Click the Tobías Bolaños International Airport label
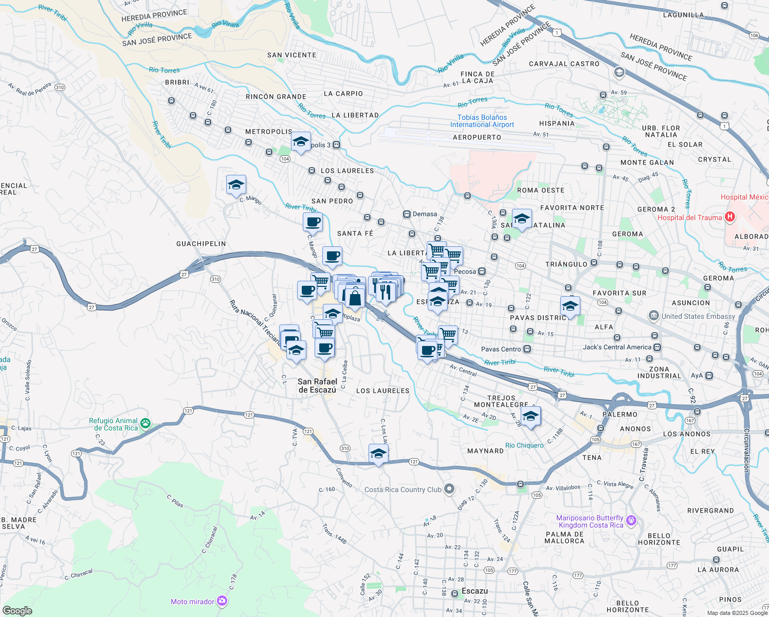[x=482, y=121]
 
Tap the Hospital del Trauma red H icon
[x=729, y=217]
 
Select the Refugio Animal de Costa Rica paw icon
[x=146, y=424]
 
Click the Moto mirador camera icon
[x=222, y=601]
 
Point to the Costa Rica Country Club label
[x=402, y=489]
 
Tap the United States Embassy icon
[x=653, y=316]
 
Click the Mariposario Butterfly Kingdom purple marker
[x=632, y=521]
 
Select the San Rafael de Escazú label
[x=317, y=386]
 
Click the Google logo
[x=17, y=611]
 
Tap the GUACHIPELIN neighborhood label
[x=201, y=244]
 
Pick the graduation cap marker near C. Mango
[x=236, y=185]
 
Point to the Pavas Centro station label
[x=501, y=349]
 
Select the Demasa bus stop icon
[x=407, y=214]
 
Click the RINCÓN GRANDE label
[x=276, y=97]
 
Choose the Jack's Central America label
[x=617, y=347]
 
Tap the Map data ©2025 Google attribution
[x=737, y=613]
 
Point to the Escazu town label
[x=474, y=591]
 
